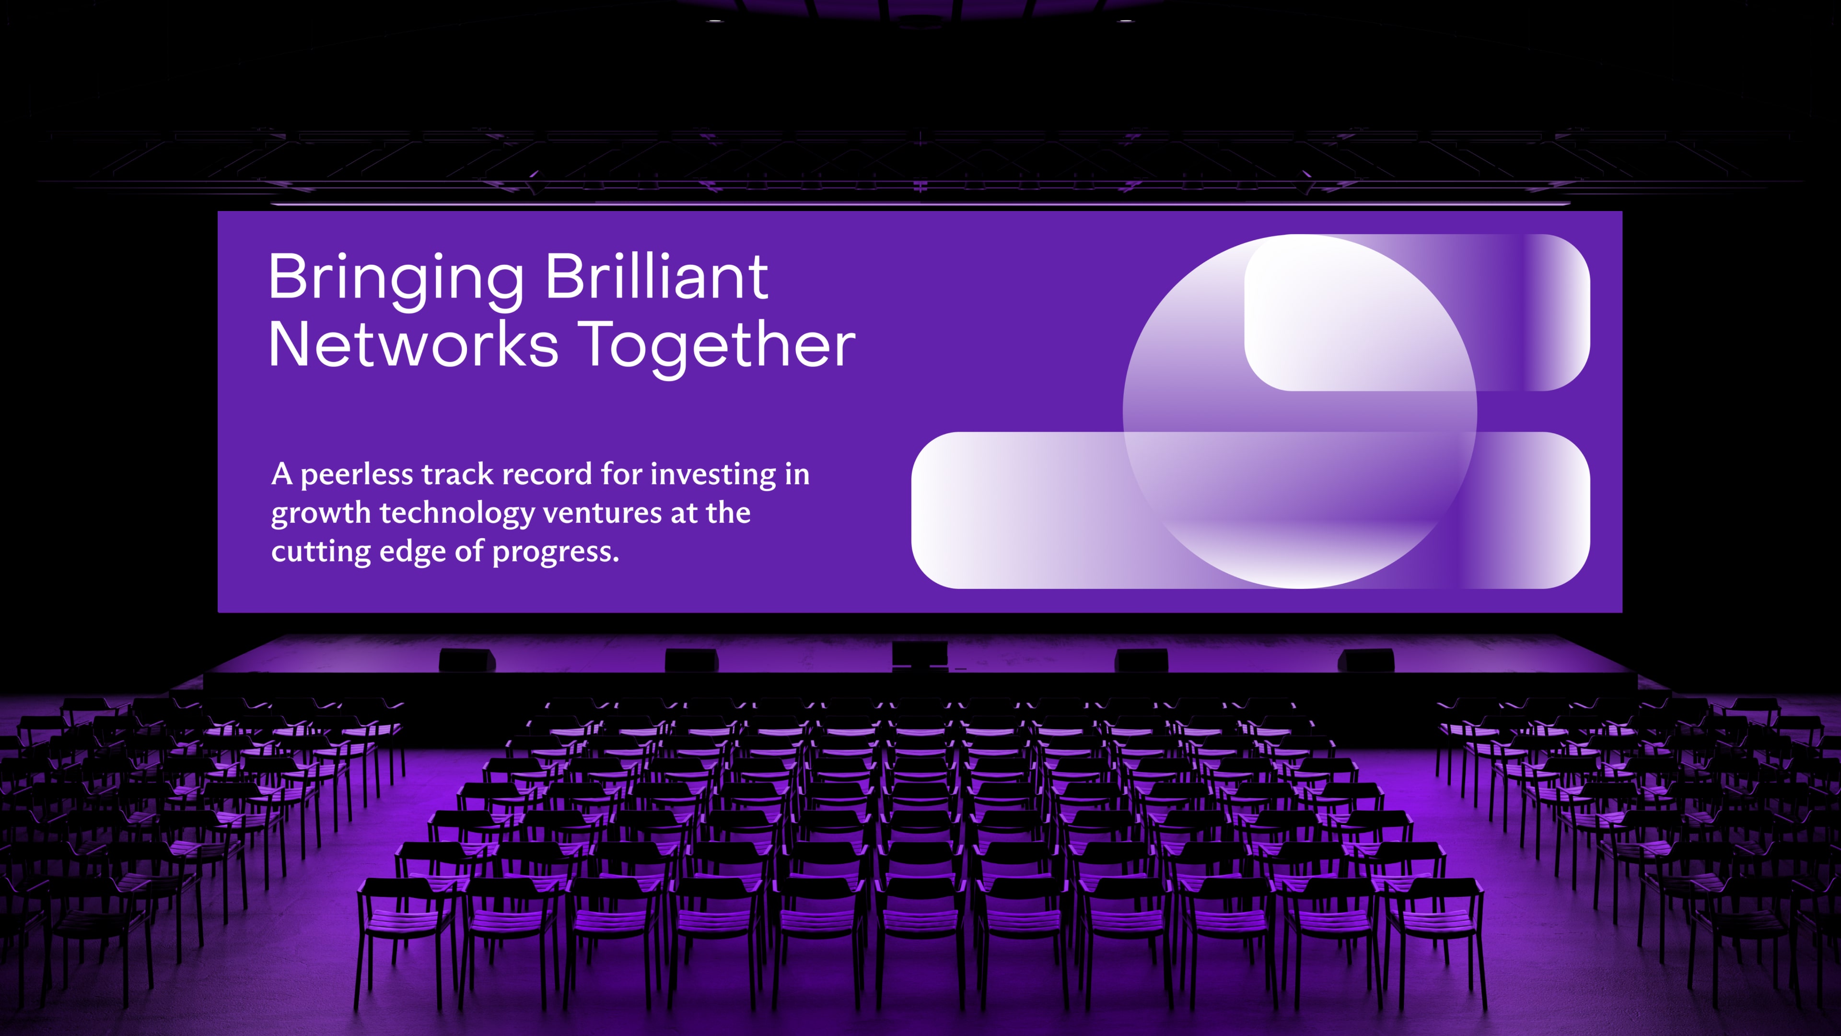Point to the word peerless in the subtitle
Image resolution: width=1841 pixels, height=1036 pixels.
click(x=357, y=475)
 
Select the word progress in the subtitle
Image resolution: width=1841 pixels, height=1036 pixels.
click(x=555, y=553)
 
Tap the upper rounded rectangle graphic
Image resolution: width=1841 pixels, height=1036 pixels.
click(x=1417, y=312)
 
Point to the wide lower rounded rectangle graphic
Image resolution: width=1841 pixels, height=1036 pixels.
click(x=1251, y=510)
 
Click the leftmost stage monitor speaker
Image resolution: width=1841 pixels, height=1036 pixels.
click(x=466, y=660)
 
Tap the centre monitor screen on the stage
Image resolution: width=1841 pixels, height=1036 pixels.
click(x=920, y=654)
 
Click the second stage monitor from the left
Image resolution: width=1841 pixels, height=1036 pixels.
click(x=691, y=660)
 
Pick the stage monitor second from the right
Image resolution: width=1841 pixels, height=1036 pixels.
click(x=1142, y=660)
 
